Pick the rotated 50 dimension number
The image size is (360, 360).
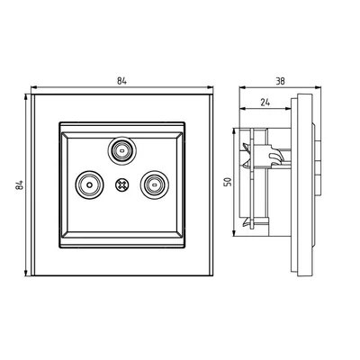pos(229,182)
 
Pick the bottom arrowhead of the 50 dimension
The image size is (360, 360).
pos(236,237)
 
